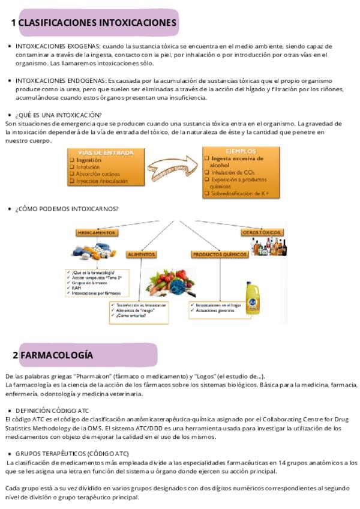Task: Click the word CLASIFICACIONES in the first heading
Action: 56,23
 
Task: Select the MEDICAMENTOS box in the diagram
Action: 96,232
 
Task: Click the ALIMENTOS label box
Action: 142,254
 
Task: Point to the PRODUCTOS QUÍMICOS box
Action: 220,254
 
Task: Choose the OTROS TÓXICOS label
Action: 261,232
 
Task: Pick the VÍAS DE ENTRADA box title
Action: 106,153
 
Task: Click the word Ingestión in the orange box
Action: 89,160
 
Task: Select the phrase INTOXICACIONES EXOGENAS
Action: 58,46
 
